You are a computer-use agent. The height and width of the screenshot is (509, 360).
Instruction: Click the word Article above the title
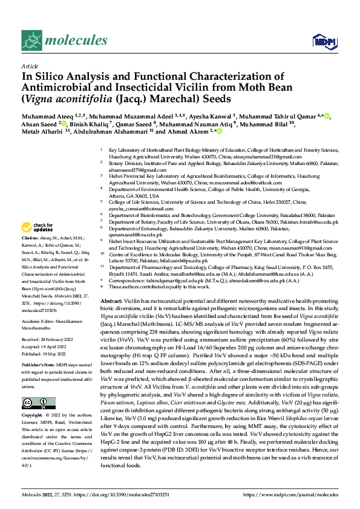28,66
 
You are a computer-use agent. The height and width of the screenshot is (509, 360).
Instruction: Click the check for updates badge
38,227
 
